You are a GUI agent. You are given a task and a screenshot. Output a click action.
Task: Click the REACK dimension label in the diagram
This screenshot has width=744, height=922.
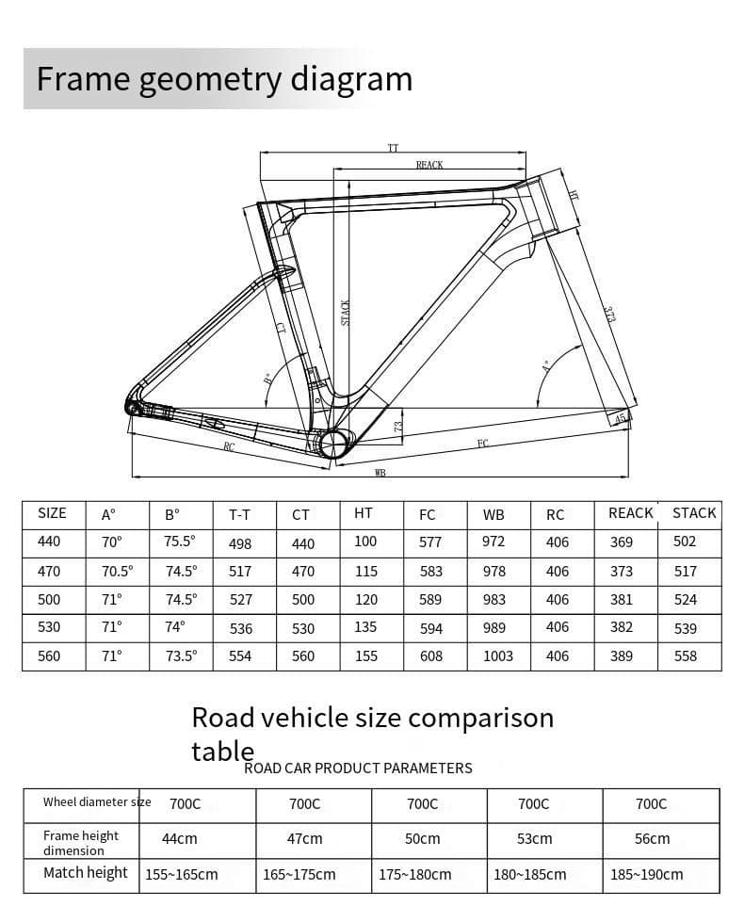point(429,165)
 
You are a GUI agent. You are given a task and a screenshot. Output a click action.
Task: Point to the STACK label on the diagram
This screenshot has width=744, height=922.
point(346,313)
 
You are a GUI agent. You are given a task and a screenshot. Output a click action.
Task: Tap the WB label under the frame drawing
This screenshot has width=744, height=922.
point(380,473)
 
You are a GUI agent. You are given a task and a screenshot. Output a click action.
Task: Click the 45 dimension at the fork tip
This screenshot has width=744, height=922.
point(620,418)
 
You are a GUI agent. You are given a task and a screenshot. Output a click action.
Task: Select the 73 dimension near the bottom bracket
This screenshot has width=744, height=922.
point(398,426)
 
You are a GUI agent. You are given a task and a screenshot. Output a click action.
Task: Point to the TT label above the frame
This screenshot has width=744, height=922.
point(393,148)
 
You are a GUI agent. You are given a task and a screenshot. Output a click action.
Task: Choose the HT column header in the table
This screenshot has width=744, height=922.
point(364,513)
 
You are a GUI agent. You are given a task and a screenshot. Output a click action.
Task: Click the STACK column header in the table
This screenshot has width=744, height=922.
point(694,513)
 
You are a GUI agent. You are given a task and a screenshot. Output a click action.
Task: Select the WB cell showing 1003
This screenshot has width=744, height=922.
point(498,656)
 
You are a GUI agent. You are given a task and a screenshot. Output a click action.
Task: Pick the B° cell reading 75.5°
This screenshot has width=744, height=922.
point(180,542)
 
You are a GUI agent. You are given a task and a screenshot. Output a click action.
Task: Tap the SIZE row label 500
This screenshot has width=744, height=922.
point(49,599)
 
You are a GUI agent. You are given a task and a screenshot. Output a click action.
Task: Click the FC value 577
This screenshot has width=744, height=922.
point(430,542)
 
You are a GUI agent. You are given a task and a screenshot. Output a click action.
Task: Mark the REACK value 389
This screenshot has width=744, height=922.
point(622,656)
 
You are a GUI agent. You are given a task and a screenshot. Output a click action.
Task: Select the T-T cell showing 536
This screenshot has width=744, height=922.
point(240,628)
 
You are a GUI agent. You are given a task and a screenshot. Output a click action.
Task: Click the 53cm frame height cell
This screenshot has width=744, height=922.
point(534,838)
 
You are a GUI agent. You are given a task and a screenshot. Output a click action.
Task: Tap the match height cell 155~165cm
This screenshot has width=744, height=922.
point(182,874)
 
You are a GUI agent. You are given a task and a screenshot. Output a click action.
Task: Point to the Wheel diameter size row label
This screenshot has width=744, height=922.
point(96,802)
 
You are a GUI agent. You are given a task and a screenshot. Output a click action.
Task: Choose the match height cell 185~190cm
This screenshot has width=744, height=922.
point(647,874)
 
